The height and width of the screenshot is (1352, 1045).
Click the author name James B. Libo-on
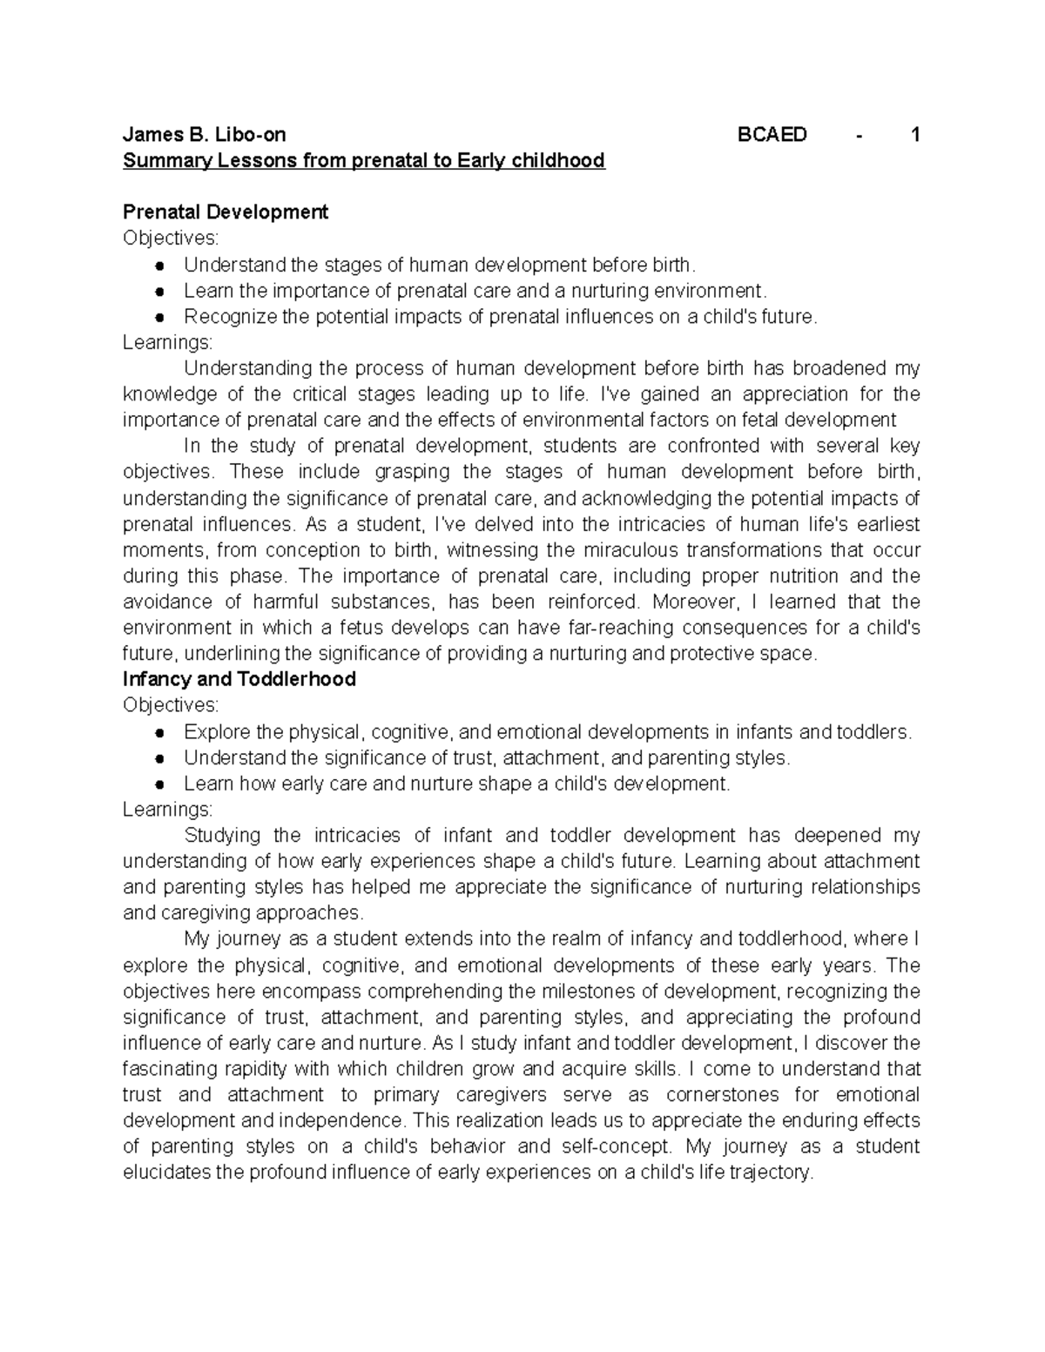204,135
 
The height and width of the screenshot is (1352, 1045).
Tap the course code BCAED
772,135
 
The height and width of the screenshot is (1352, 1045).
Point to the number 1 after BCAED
914,135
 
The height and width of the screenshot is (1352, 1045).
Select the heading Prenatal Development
226,212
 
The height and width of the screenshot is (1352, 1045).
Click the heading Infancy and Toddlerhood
239,679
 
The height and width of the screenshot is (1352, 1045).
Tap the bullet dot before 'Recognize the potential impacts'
158,318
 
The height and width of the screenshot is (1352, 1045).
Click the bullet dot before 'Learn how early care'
158,784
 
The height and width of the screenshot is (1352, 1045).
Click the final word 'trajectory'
770,1173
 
